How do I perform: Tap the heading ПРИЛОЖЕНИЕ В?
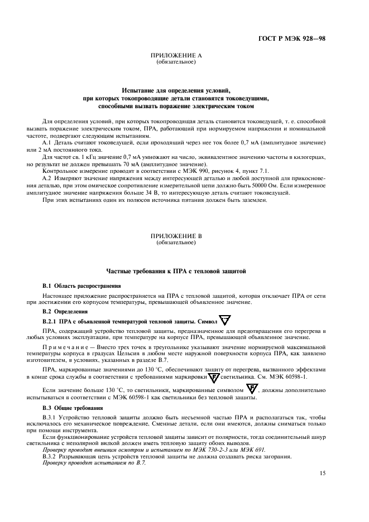tap(176, 236)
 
